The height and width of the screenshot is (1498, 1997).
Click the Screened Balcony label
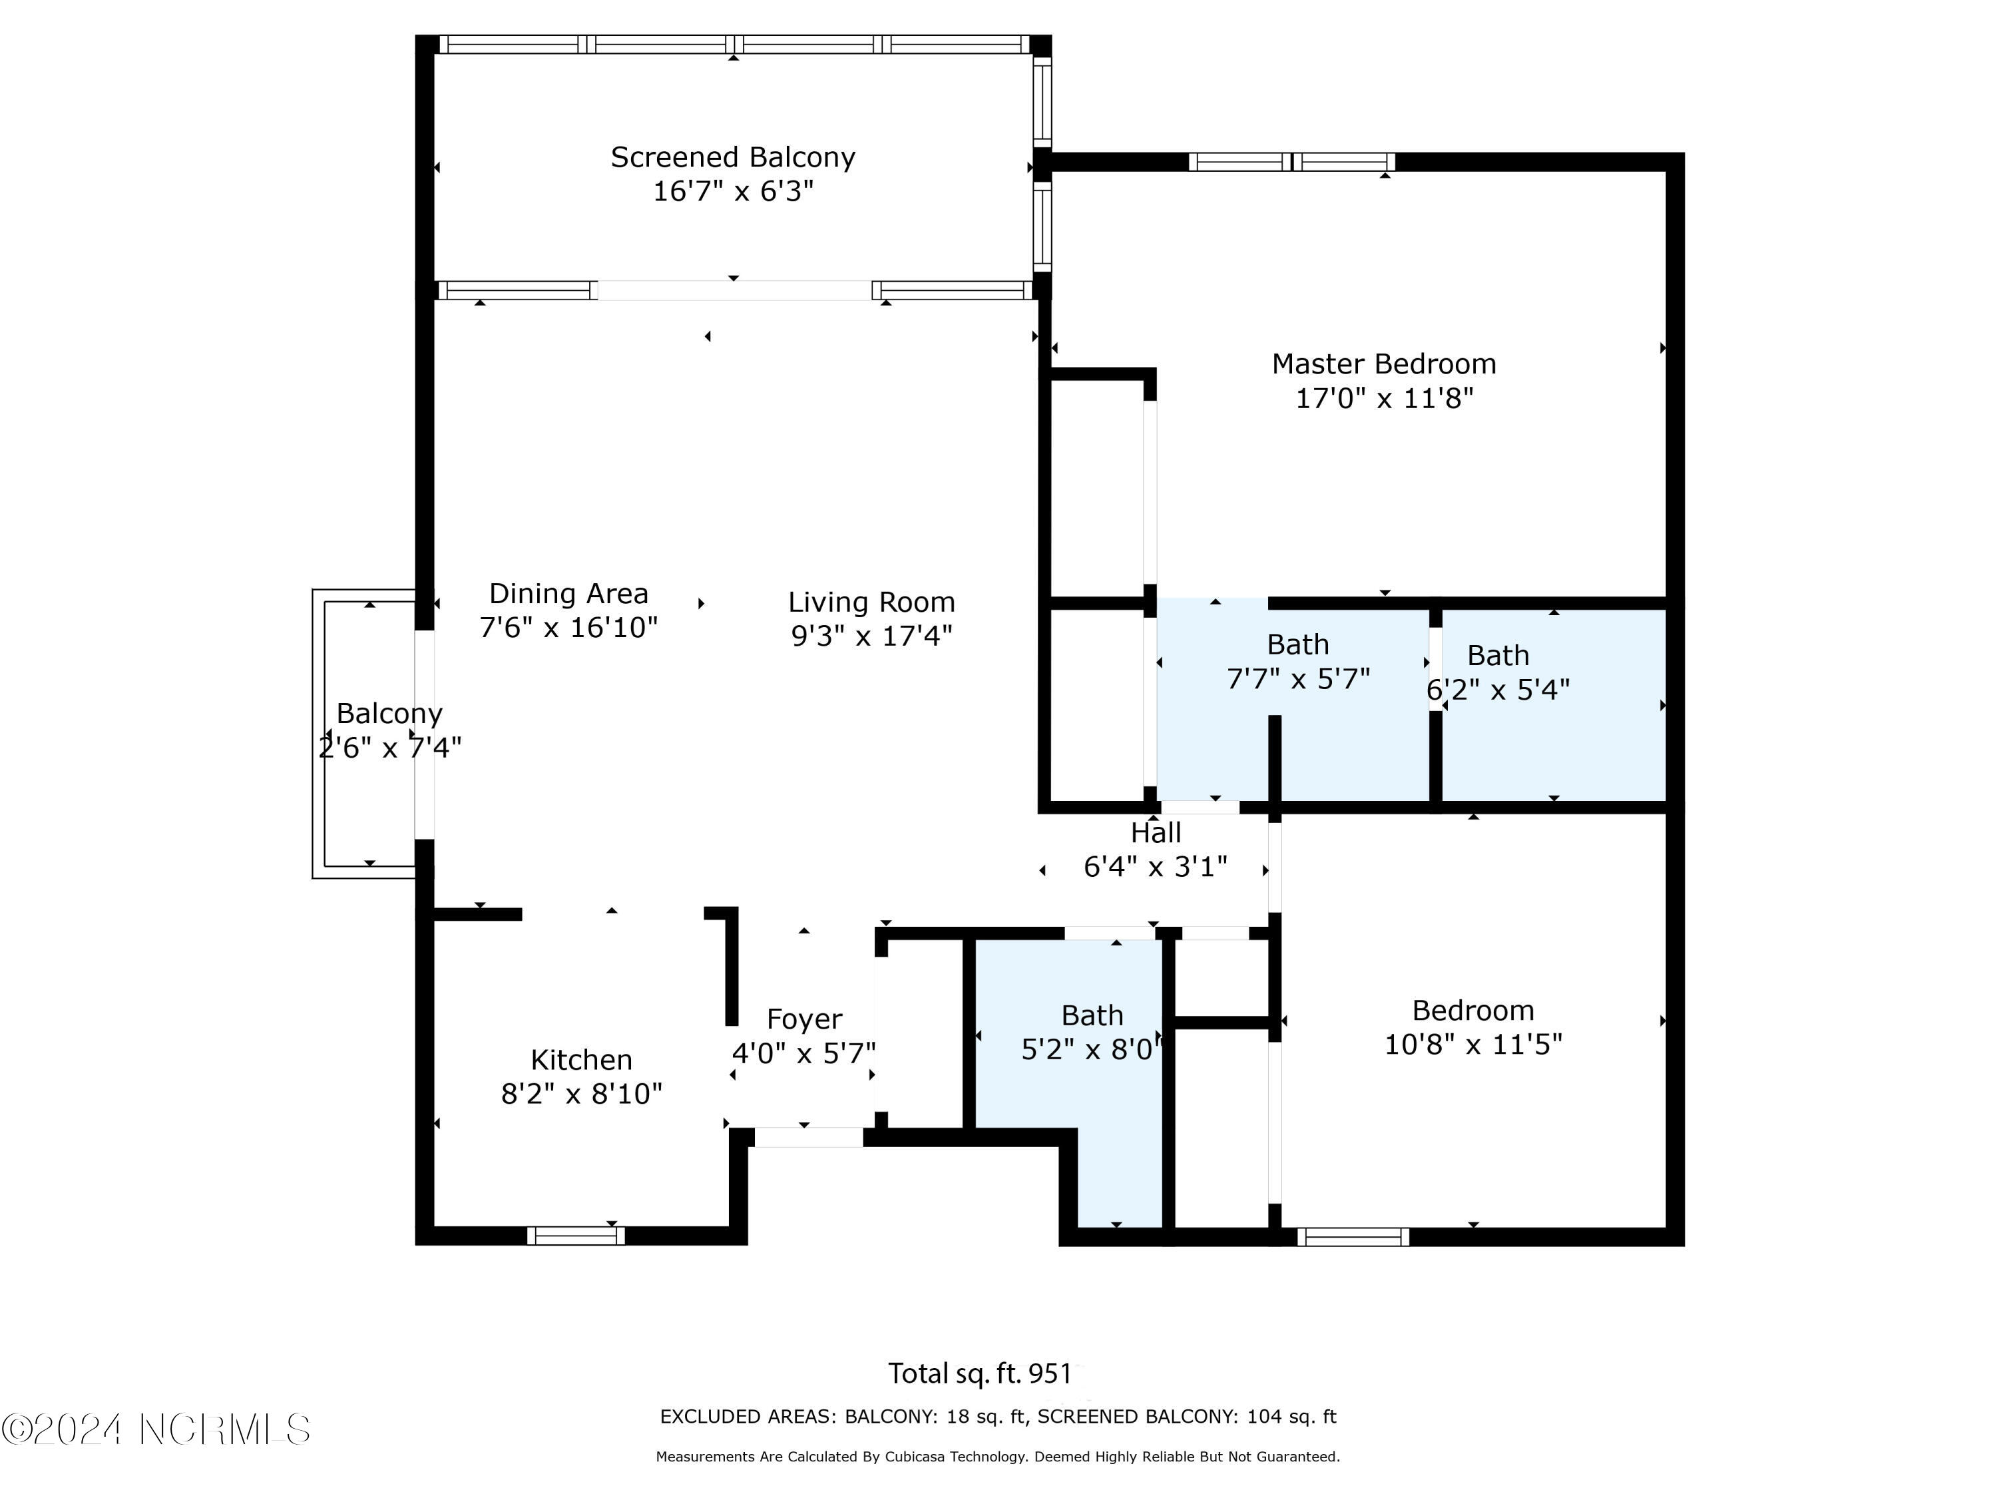732,157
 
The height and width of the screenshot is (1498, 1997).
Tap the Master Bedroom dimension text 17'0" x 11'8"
1383,398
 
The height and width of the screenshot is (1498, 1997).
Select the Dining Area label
568,593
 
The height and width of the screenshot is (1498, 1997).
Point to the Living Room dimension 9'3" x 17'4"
871,636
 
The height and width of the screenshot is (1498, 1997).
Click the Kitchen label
580,1059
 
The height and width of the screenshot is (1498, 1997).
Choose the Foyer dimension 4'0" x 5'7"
803,1053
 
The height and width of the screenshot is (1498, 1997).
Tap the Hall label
1156,832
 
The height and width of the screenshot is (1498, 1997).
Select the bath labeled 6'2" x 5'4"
1497,672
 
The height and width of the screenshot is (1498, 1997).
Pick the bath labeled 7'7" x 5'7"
1297,662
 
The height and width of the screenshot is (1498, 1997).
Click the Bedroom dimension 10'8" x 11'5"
1472,1044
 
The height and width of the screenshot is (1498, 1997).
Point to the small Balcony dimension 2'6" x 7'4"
389,748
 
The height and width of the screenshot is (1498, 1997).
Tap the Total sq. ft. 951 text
980,1373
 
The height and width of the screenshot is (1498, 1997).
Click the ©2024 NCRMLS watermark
155,1429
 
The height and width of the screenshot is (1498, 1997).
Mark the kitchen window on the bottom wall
575,1235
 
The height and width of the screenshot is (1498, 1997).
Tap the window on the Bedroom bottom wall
1353,1236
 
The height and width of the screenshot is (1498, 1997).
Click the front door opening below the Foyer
808,1137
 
